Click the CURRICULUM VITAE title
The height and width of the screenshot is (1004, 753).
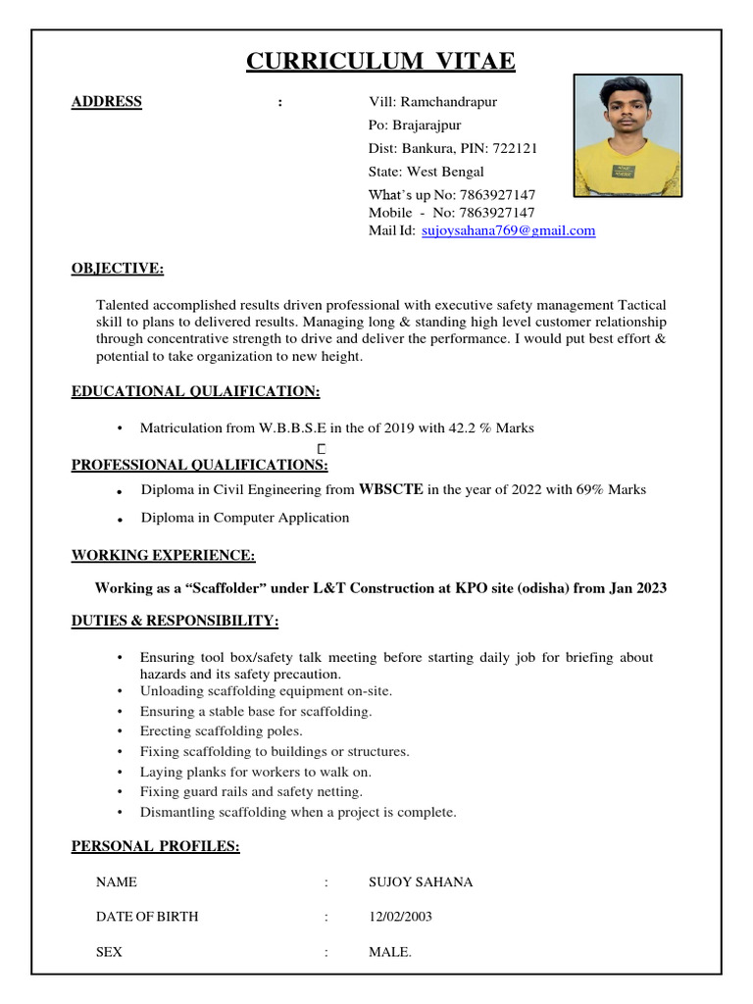[380, 62]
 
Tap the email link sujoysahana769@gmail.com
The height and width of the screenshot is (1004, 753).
[508, 230]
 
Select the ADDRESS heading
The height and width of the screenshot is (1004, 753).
[107, 102]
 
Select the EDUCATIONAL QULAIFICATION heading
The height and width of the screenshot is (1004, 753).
[196, 391]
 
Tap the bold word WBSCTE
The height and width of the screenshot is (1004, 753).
[391, 489]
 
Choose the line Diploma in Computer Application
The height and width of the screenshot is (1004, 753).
[245, 517]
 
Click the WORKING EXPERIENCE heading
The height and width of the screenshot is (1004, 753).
[163, 555]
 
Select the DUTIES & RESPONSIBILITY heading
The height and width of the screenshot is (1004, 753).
[175, 621]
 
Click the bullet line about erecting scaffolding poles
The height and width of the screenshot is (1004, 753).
[221, 731]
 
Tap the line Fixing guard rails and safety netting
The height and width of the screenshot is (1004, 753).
[251, 791]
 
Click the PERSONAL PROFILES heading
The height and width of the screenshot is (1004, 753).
[155, 845]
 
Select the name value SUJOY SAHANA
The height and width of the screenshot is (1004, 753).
[421, 882]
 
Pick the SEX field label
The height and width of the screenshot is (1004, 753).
[109, 952]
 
